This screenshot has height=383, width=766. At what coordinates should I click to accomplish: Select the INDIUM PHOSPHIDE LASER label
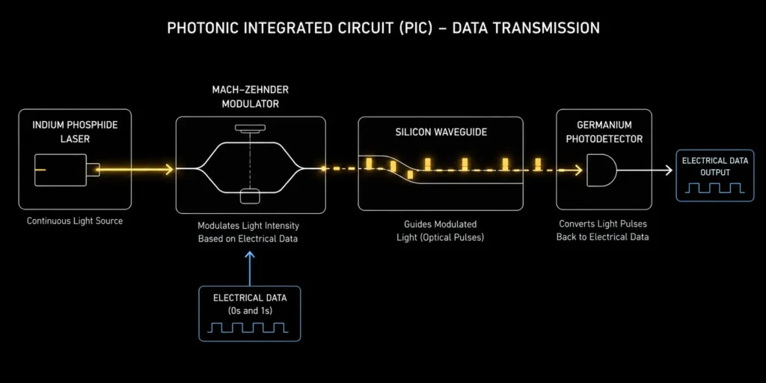[76, 132]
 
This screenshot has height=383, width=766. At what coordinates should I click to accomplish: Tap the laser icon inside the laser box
[67, 170]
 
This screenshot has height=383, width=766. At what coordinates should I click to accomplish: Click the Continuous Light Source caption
[75, 221]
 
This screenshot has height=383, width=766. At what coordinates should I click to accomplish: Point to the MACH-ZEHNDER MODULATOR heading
[250, 97]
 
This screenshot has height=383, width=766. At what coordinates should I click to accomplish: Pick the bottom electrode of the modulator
[251, 197]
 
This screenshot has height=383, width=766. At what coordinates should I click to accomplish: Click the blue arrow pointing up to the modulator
[250, 269]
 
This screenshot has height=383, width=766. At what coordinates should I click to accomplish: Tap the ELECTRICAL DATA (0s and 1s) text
[250, 304]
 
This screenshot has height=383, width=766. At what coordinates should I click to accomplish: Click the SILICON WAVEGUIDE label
[441, 132]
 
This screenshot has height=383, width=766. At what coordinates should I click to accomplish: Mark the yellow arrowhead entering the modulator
[169, 170]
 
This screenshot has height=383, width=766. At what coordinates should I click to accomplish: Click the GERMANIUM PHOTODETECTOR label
[604, 132]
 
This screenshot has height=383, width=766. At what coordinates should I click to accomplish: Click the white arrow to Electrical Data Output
[644, 170]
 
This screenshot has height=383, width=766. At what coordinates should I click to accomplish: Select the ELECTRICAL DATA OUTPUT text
[714, 166]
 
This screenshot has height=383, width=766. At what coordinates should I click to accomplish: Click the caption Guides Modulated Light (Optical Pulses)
[440, 230]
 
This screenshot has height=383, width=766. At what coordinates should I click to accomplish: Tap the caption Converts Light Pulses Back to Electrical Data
[603, 230]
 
